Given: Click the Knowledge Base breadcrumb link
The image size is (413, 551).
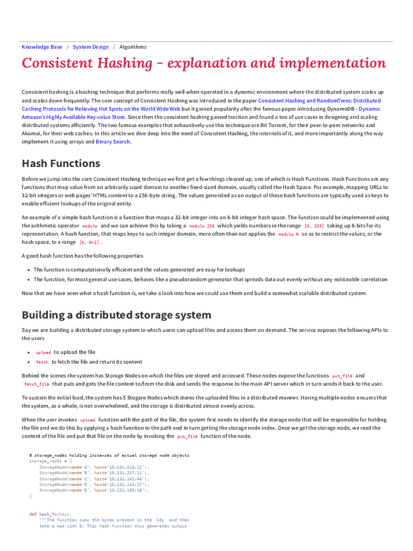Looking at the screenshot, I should pos(41,47).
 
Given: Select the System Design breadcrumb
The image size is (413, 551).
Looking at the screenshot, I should pos(90,47).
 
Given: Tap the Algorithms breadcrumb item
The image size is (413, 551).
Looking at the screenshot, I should pos(132,47).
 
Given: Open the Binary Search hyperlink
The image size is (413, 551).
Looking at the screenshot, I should pos(113,142).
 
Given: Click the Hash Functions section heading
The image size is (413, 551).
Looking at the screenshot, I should pos(60,163).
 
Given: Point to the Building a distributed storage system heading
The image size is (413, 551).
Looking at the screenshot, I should pos(116,315).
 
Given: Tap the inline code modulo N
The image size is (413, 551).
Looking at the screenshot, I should pos(288,234).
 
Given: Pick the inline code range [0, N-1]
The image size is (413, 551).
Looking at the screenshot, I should pos(89,243).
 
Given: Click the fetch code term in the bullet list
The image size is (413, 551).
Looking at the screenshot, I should pos(42,362).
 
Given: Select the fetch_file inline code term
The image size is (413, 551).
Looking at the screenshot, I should pos(37,384).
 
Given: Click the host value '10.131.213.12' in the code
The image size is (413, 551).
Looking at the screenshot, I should pos(127,467).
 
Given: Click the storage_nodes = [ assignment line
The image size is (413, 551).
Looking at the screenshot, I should pos(48,461).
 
